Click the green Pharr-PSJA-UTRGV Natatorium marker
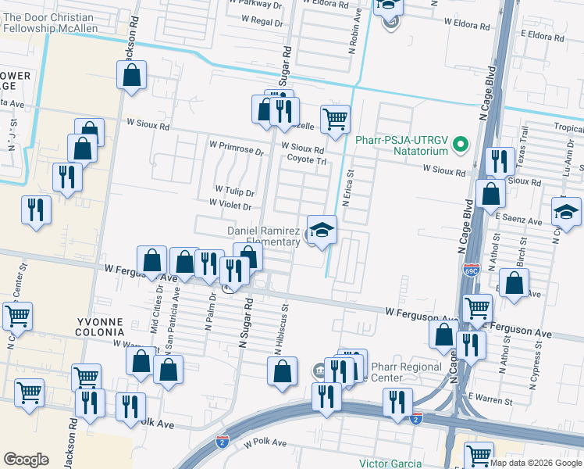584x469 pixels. (461, 145)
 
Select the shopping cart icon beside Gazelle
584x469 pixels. (335, 120)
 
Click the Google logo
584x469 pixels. (26, 459)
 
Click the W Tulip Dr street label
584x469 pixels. (235, 192)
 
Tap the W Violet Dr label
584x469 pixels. (230, 206)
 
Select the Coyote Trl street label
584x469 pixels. (306, 159)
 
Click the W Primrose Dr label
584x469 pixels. (237, 145)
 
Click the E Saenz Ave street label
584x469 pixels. (518, 222)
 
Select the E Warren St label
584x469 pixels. (490, 401)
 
